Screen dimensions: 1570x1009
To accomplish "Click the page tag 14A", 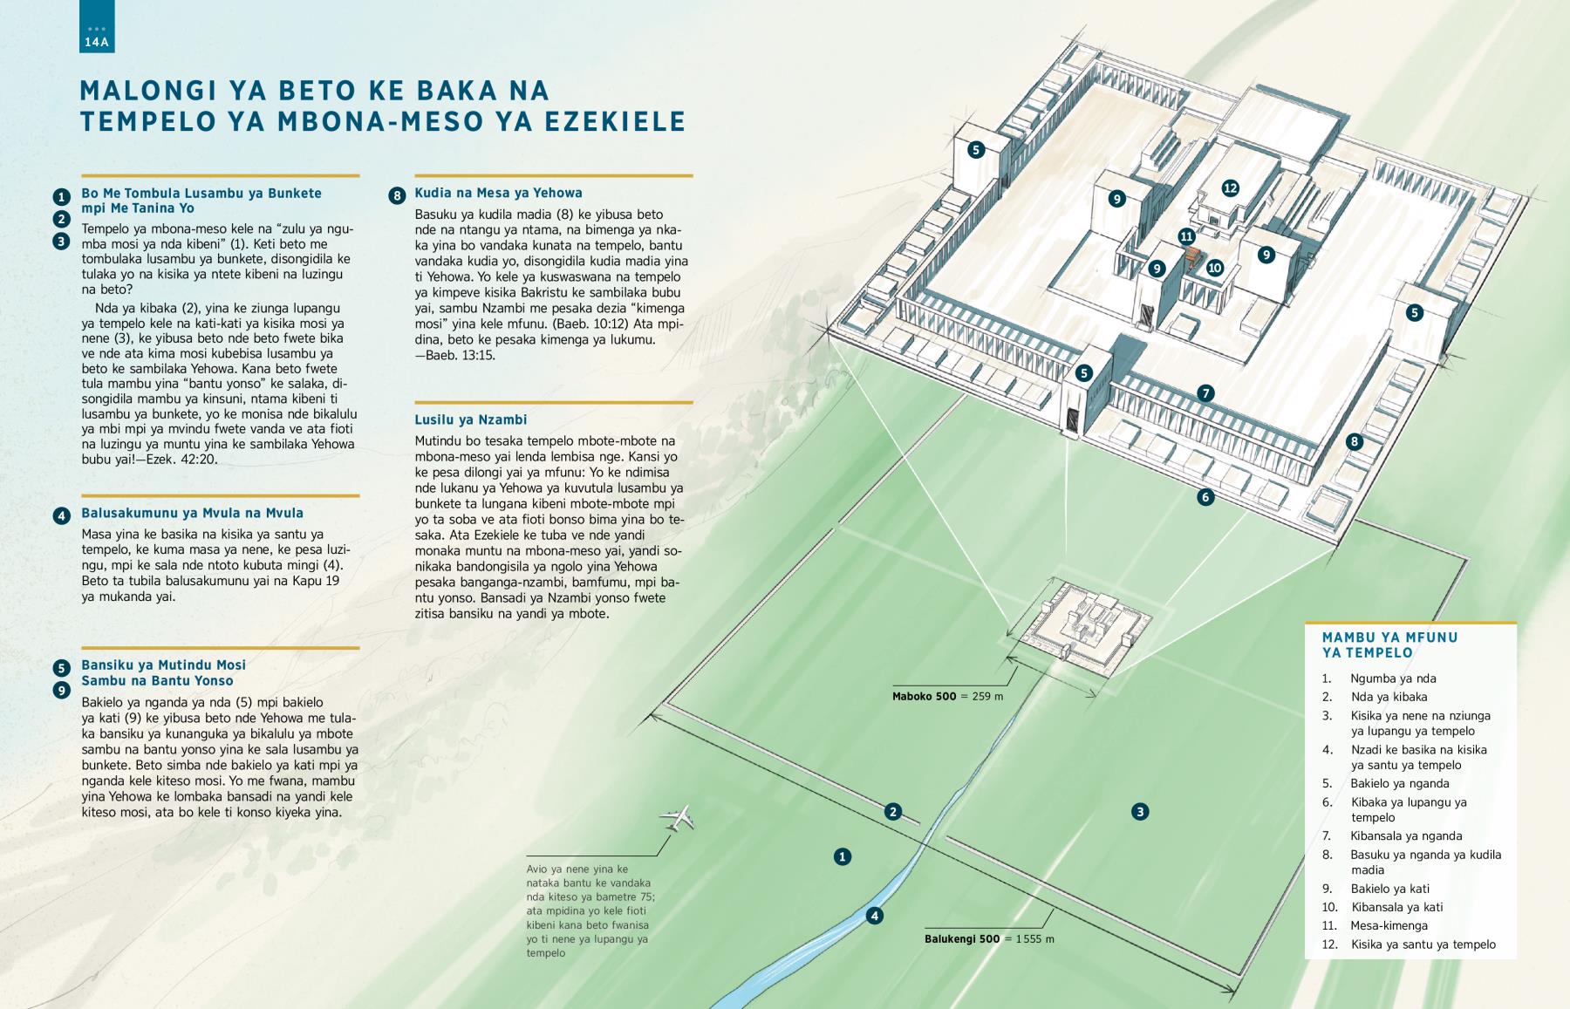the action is [x=97, y=42].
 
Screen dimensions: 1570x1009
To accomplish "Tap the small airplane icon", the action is [x=677, y=818].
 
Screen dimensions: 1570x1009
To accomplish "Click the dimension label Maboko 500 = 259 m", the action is [x=947, y=697].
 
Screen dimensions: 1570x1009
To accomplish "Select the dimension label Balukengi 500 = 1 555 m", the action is [x=989, y=939].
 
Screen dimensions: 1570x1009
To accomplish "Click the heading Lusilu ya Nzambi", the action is [x=471, y=419].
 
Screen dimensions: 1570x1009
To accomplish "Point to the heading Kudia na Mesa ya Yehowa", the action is [x=498, y=193].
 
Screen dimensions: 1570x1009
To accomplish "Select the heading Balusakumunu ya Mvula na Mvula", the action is [x=192, y=513].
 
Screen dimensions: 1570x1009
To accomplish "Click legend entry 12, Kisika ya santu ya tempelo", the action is [x=1409, y=944].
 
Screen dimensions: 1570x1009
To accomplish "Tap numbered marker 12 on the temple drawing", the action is [x=1230, y=187].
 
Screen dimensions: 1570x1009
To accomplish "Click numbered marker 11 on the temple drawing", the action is [x=1186, y=236].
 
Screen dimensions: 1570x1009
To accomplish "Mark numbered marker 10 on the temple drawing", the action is [x=1215, y=268].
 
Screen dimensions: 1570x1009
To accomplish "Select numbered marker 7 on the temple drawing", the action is [x=1205, y=393].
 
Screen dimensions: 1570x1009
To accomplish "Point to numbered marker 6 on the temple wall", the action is [x=1205, y=497].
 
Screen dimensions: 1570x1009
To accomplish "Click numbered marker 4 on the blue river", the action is [x=874, y=916].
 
